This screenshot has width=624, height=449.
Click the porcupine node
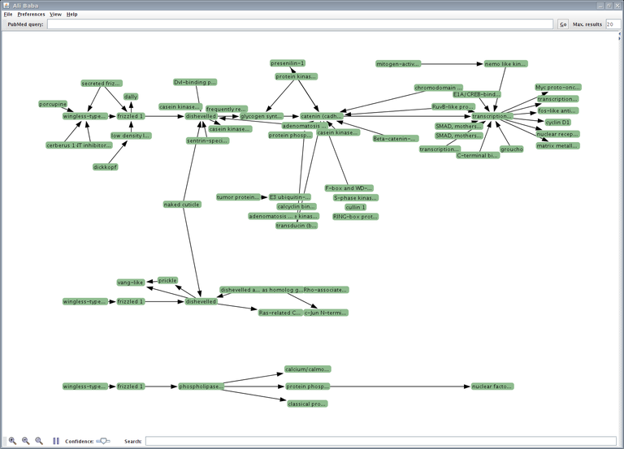(x=53, y=104)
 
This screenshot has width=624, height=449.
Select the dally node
(x=131, y=97)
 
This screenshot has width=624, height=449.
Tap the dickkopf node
(x=105, y=167)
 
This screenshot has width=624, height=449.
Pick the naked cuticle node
(x=182, y=205)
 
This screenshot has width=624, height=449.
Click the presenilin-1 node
(x=288, y=63)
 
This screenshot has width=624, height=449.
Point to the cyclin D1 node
(x=558, y=122)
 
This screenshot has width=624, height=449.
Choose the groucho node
(x=511, y=149)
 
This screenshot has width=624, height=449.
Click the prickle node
(x=167, y=280)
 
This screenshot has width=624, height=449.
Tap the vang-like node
(x=130, y=283)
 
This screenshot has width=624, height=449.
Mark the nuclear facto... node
(x=492, y=386)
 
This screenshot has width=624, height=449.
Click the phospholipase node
(x=201, y=386)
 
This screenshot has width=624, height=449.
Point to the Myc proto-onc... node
(x=557, y=87)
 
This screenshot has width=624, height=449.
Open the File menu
(x=8, y=15)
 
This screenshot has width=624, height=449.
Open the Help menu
(x=72, y=15)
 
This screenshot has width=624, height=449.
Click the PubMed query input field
(x=301, y=24)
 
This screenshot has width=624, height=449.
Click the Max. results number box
(x=613, y=24)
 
